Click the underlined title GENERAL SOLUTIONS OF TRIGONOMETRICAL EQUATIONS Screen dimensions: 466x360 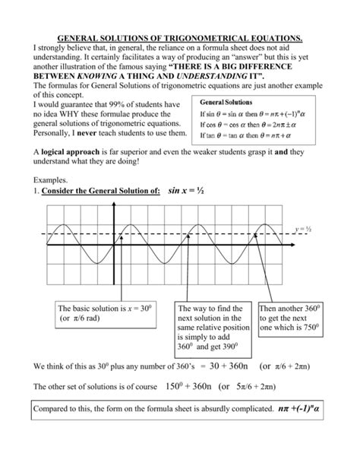[x=179, y=37]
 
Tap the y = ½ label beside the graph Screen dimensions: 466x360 [x=304, y=227]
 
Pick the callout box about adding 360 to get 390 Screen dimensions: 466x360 [x=215, y=328]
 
